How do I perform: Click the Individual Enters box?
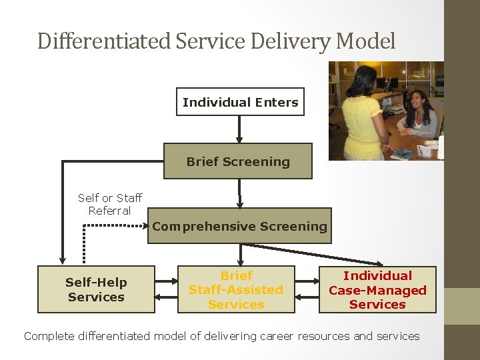[240, 102]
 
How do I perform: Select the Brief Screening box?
[238, 161]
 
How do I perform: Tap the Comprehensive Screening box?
[239, 226]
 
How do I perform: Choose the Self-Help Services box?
[96, 289]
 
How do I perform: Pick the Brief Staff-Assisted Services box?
[236, 289]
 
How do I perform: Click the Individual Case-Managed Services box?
[377, 289]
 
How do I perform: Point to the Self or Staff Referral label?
[110, 204]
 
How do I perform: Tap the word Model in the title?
[366, 41]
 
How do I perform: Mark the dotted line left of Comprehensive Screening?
[113, 226]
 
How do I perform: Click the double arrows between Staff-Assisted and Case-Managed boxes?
[307, 289]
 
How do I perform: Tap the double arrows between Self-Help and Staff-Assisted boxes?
[166, 289]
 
